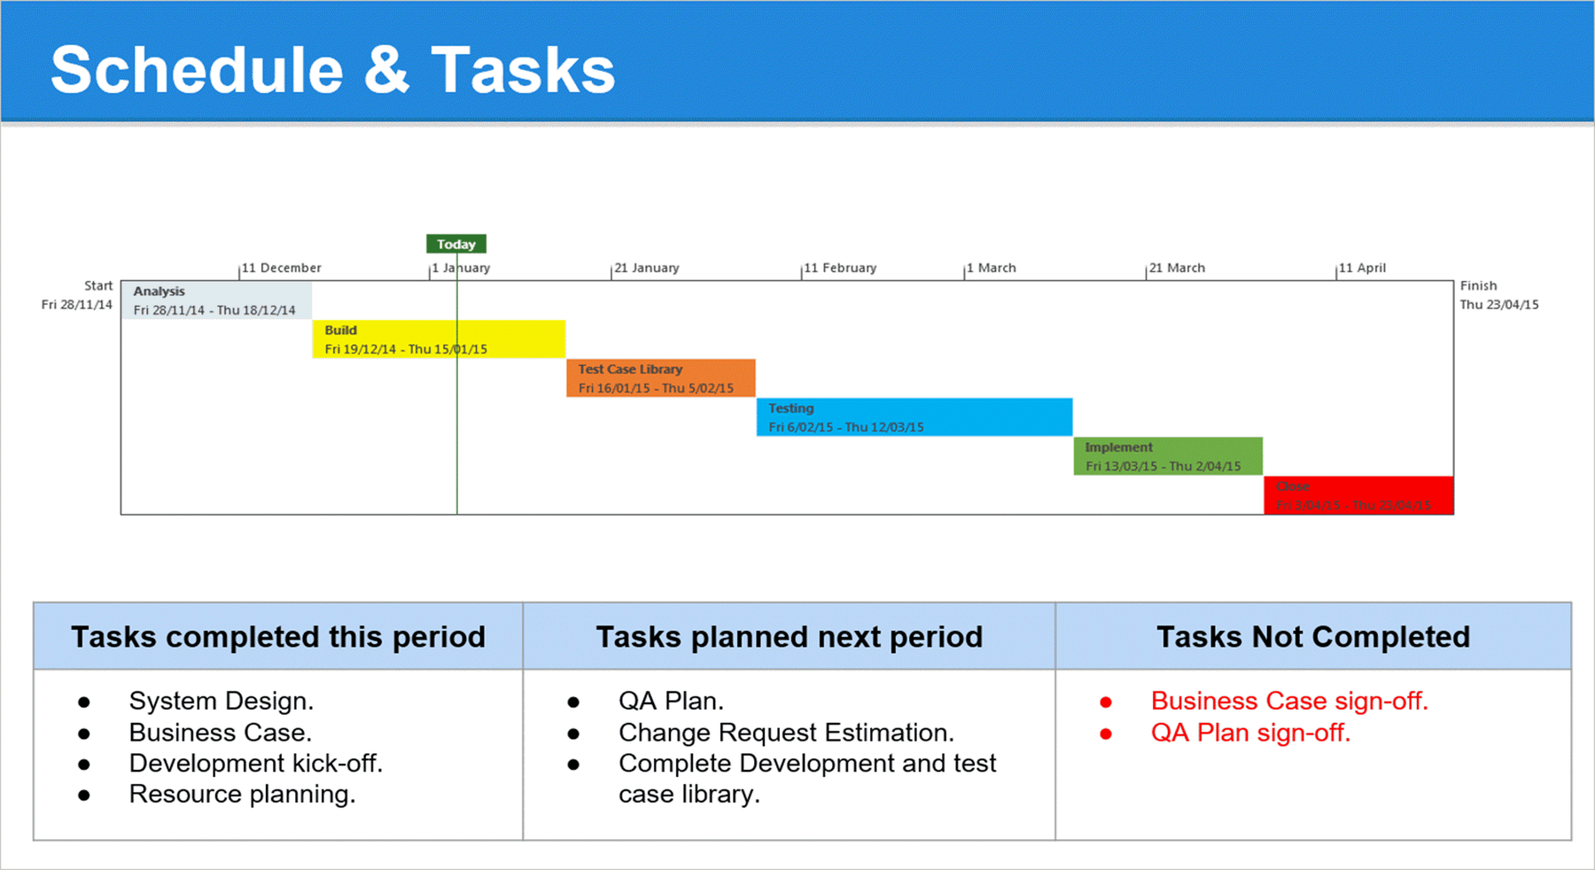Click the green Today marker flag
pyautogui.click(x=455, y=244)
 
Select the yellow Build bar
pyautogui.click(x=439, y=339)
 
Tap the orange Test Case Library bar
pyautogui.click(x=660, y=378)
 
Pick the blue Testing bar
pyautogui.click(x=914, y=417)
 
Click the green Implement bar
pyautogui.click(x=1167, y=456)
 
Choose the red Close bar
pyautogui.click(x=1358, y=495)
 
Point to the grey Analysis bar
pyautogui.click(x=216, y=300)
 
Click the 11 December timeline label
pyautogui.click(x=281, y=268)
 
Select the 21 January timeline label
pyautogui.click(x=647, y=268)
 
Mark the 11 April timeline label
pyautogui.click(x=1362, y=268)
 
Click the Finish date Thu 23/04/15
pyautogui.click(x=1499, y=305)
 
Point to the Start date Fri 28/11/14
pyautogui.click(x=77, y=305)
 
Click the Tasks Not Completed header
pyautogui.click(x=1312, y=637)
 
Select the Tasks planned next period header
pyautogui.click(x=789, y=637)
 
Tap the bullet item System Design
pyautogui.click(x=221, y=701)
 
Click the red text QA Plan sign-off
pyautogui.click(x=1249, y=733)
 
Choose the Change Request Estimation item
pyautogui.click(x=785, y=733)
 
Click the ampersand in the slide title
pyautogui.click(x=386, y=71)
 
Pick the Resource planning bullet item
pyautogui.click(x=242, y=794)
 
